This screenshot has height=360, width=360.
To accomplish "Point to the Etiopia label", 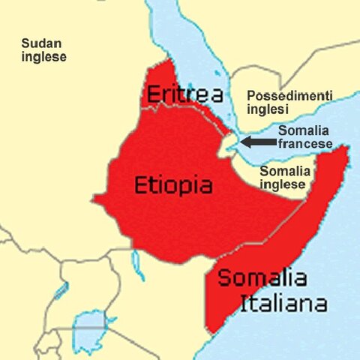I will pos(172,185).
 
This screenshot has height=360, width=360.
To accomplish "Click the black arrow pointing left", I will pos(257,141).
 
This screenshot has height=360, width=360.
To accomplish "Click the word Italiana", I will pos(283,304).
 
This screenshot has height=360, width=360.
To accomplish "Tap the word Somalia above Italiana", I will pos(262,278).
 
